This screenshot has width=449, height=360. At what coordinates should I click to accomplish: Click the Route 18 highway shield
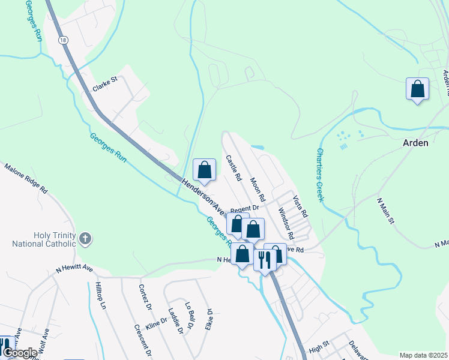click(62, 40)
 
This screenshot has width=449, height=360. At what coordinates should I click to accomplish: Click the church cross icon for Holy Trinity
click(85, 239)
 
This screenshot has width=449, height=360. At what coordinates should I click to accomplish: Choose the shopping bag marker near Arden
click(417, 89)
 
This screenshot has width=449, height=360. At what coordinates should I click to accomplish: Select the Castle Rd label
click(233, 169)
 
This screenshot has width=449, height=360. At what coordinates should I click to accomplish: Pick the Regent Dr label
click(244, 208)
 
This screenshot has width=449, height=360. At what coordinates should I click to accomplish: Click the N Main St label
click(384, 212)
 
